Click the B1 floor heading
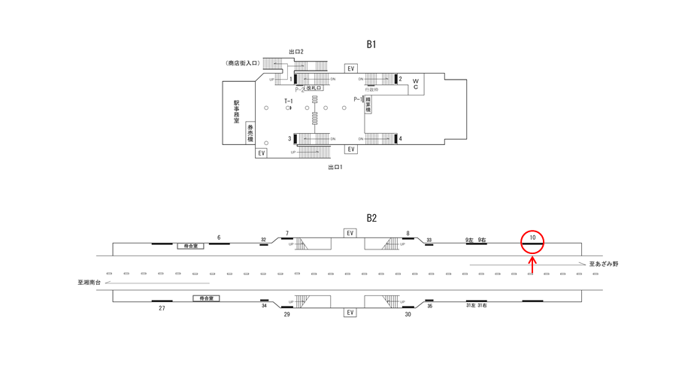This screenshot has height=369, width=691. [x=371, y=44]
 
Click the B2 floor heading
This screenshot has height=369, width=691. [x=371, y=218]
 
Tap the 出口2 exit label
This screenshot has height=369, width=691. [x=295, y=52]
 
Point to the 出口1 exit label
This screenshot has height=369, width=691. [x=335, y=167]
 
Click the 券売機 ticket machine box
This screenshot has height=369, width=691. [x=250, y=133]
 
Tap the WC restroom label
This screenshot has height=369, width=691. [x=414, y=83]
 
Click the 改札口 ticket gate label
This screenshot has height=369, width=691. [x=314, y=89]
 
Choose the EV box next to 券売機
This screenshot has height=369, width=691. [x=262, y=153]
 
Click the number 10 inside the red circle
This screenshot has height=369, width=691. [x=532, y=238]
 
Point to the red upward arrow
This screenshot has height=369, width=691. [x=532, y=264]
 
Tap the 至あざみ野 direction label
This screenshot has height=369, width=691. [x=604, y=264]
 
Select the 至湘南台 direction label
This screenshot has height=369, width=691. [x=89, y=283]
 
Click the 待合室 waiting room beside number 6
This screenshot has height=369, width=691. [x=190, y=246]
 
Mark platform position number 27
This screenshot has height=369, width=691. [x=162, y=308]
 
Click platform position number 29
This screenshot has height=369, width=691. [x=286, y=313]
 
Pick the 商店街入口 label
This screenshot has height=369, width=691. [x=242, y=63]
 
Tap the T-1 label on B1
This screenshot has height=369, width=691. [x=288, y=101]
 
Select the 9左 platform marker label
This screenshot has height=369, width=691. [x=470, y=240]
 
